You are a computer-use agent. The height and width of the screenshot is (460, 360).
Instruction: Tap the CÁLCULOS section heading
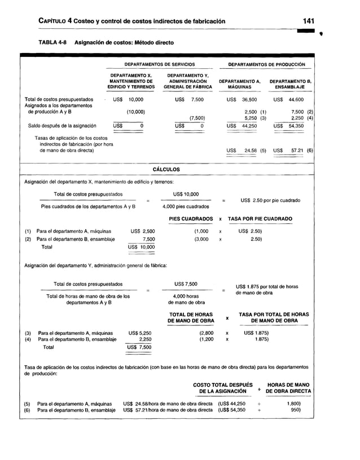point(166,169)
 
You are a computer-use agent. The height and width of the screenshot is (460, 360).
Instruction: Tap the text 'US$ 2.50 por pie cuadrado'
point(270,201)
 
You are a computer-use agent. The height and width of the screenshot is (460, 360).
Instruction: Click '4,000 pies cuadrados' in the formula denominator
point(182,207)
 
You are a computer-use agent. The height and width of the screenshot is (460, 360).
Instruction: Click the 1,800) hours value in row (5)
point(291,404)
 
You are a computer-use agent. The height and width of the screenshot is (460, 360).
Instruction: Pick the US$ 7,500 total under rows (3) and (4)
point(139,347)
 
